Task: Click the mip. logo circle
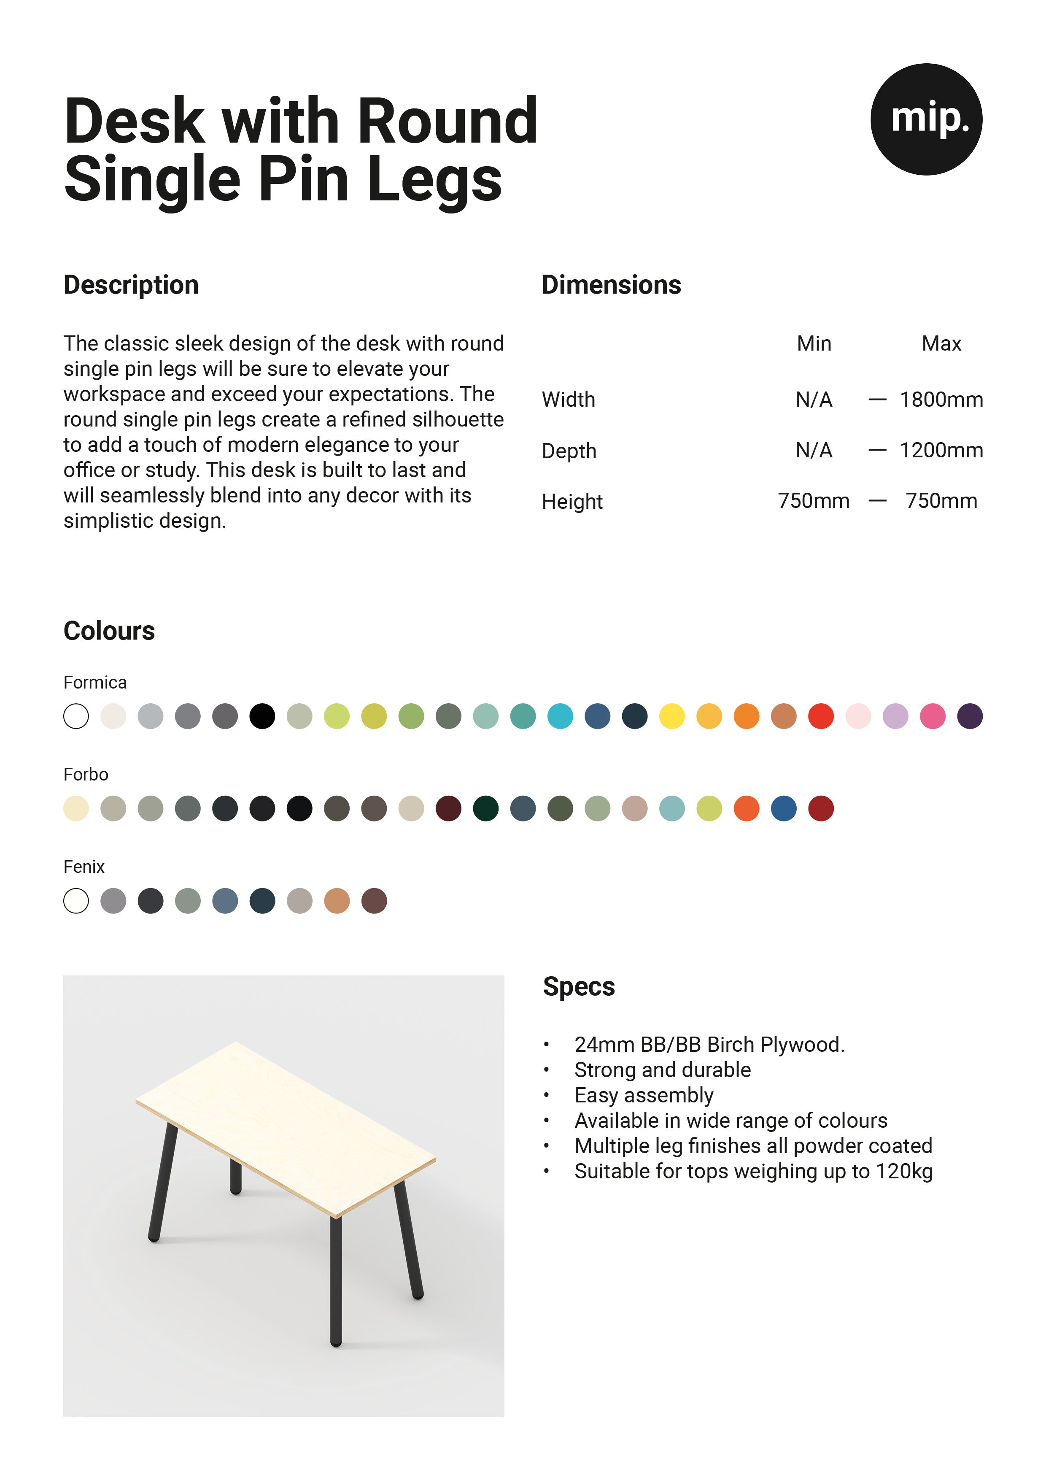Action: tap(926, 119)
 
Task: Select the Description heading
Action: tap(131, 285)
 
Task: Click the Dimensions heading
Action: tap(611, 285)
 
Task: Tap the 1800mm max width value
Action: tap(941, 400)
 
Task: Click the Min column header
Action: tap(814, 343)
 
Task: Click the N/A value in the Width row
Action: tap(814, 400)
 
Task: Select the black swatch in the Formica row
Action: tap(262, 716)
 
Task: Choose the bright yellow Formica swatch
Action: tap(671, 716)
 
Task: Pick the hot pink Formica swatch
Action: tap(933, 716)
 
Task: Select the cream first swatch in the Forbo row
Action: tap(76, 808)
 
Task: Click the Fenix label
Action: tap(84, 867)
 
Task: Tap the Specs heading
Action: tap(579, 987)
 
